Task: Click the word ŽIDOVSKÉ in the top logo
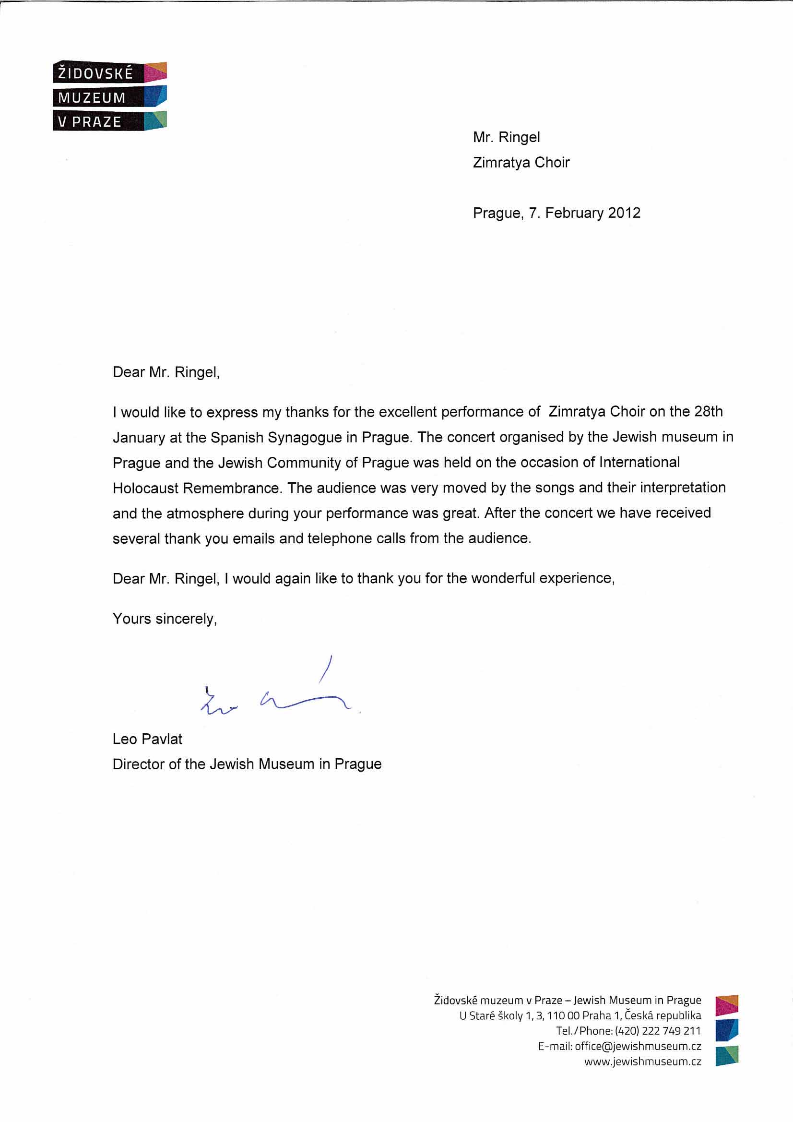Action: point(95,73)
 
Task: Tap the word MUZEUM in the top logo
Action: point(92,98)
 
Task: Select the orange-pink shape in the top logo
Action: point(156,72)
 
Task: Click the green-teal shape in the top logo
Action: point(156,119)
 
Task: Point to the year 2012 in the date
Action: point(624,213)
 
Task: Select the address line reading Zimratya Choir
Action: point(521,162)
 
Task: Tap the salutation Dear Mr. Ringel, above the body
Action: point(166,372)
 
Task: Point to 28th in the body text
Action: point(708,411)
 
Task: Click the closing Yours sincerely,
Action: point(165,619)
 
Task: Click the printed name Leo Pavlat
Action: point(147,739)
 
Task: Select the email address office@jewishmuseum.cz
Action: point(638,1046)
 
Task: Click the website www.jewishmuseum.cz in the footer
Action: point(642,1062)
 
